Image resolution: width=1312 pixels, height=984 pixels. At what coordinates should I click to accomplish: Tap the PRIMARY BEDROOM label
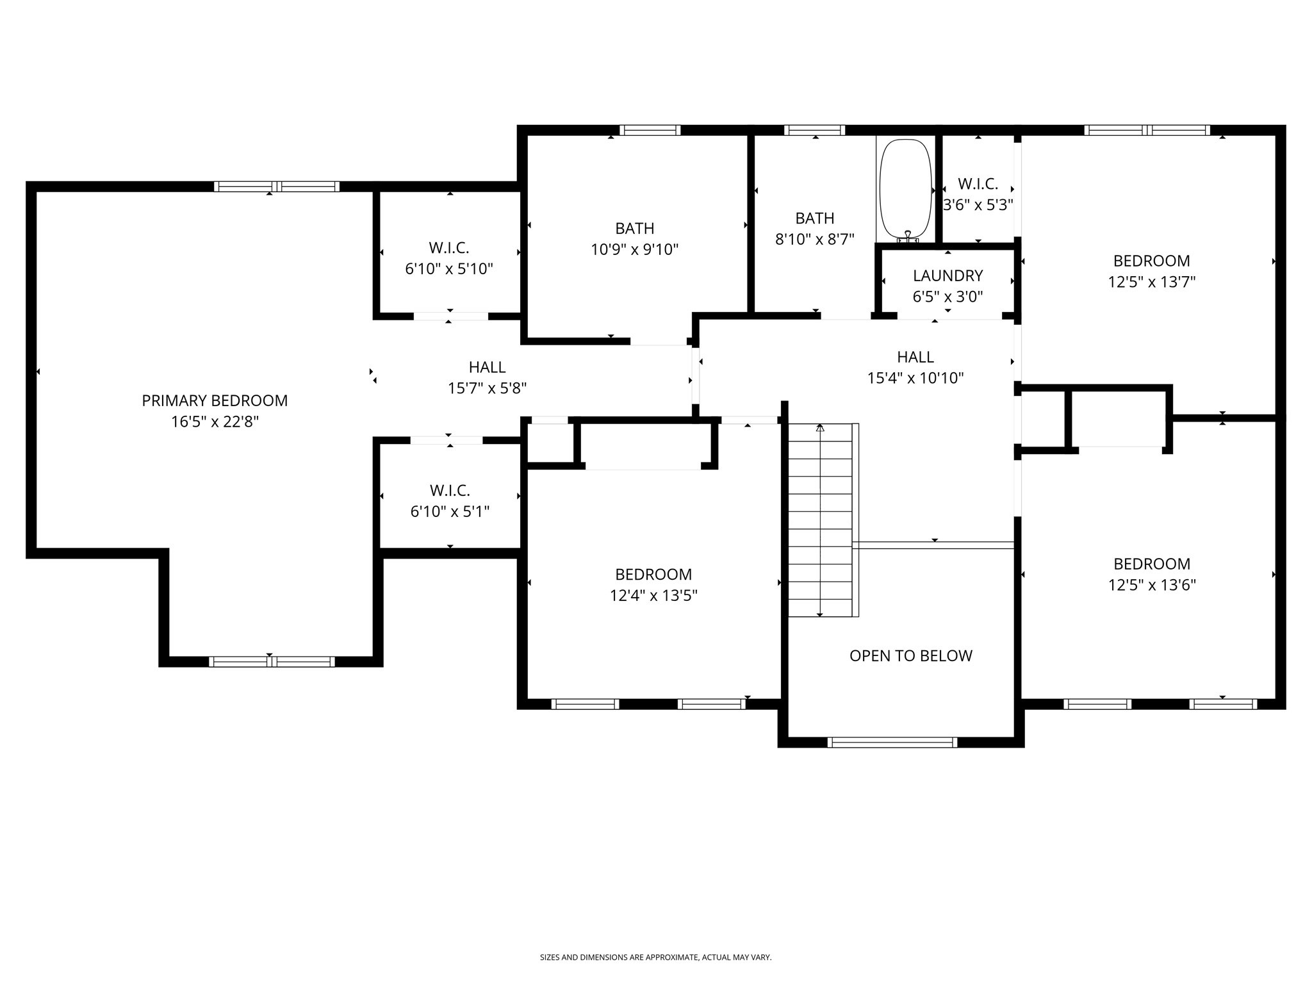[215, 400]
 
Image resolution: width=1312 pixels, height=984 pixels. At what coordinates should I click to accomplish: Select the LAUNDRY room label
[947, 275]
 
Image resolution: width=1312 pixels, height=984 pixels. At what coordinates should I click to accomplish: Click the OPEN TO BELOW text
[910, 655]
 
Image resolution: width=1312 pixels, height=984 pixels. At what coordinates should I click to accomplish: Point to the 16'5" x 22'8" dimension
[215, 422]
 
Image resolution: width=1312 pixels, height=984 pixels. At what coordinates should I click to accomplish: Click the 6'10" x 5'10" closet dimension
[449, 268]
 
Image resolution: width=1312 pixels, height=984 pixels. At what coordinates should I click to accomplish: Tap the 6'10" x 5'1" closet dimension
[450, 511]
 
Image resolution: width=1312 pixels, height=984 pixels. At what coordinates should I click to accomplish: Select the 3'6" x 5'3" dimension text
[978, 205]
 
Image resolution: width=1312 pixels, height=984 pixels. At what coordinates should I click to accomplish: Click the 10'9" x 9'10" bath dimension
[634, 249]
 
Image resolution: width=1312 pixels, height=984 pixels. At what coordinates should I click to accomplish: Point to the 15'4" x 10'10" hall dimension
[915, 378]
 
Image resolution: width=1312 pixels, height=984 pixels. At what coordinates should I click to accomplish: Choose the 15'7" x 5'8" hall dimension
[487, 388]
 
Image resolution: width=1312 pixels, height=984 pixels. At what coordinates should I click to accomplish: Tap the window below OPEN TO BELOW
[892, 742]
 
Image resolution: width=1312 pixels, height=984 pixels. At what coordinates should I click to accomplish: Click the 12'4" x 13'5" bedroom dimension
[653, 596]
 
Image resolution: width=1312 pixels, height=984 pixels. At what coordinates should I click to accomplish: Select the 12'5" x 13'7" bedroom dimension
[1152, 282]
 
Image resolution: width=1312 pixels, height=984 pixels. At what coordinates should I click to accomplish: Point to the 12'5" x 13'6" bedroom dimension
[1152, 585]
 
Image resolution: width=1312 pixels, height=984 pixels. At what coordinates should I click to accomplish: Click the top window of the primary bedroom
[277, 186]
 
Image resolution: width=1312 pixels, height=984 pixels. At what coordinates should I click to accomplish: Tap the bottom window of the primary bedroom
[272, 662]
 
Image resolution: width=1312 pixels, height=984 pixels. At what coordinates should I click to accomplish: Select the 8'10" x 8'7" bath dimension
[814, 240]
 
